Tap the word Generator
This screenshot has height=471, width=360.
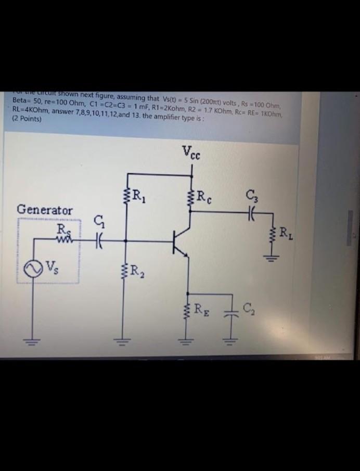pos(45,210)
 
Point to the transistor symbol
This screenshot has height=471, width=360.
pos(181,240)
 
